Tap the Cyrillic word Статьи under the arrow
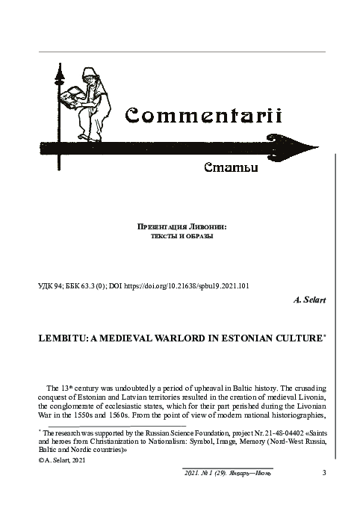pyautogui.click(x=231, y=167)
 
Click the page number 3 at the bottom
pyautogui.click(x=324, y=472)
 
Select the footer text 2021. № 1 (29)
pyautogui.click(x=208, y=472)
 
